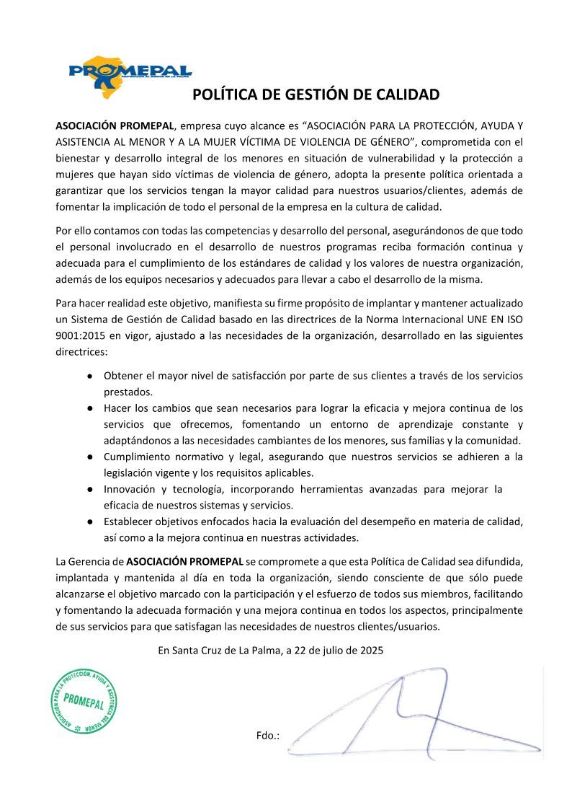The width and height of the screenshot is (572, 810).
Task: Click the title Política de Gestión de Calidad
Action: tap(316, 94)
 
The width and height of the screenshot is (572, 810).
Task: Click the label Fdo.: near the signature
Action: tap(267, 736)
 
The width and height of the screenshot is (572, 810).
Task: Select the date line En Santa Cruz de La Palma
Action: tap(270, 650)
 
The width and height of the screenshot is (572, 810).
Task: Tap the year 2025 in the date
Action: tap(371, 650)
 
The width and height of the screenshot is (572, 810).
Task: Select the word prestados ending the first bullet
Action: tap(128, 392)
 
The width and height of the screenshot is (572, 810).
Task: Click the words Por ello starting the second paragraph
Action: tap(72, 231)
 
